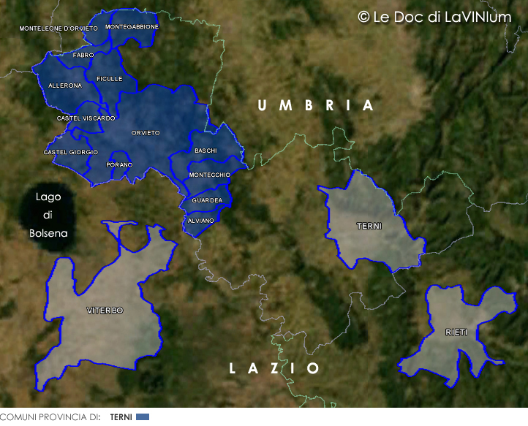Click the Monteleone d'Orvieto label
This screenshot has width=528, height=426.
(59, 28)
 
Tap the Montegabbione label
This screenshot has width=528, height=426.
(132, 26)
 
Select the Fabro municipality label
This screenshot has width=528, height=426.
(83, 55)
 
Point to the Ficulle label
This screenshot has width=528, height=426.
(109, 78)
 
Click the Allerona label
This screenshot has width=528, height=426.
(65, 85)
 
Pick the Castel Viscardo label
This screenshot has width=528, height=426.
(86, 118)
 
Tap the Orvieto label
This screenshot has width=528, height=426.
(146, 132)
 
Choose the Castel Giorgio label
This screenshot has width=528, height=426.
(71, 152)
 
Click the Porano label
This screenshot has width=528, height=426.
(119, 164)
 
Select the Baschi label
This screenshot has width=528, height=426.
(205, 151)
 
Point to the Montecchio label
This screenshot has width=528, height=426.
(209, 175)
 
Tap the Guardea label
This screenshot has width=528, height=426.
(207, 200)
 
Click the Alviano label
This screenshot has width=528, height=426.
(200, 220)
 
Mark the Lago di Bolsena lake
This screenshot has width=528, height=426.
(48, 216)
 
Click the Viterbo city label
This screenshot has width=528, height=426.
(105, 311)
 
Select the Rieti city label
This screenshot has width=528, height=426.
(456, 332)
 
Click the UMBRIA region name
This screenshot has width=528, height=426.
(316, 106)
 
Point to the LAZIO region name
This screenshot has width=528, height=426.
(274, 368)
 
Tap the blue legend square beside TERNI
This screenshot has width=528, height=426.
(143, 417)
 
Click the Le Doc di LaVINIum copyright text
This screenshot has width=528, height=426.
(434, 17)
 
